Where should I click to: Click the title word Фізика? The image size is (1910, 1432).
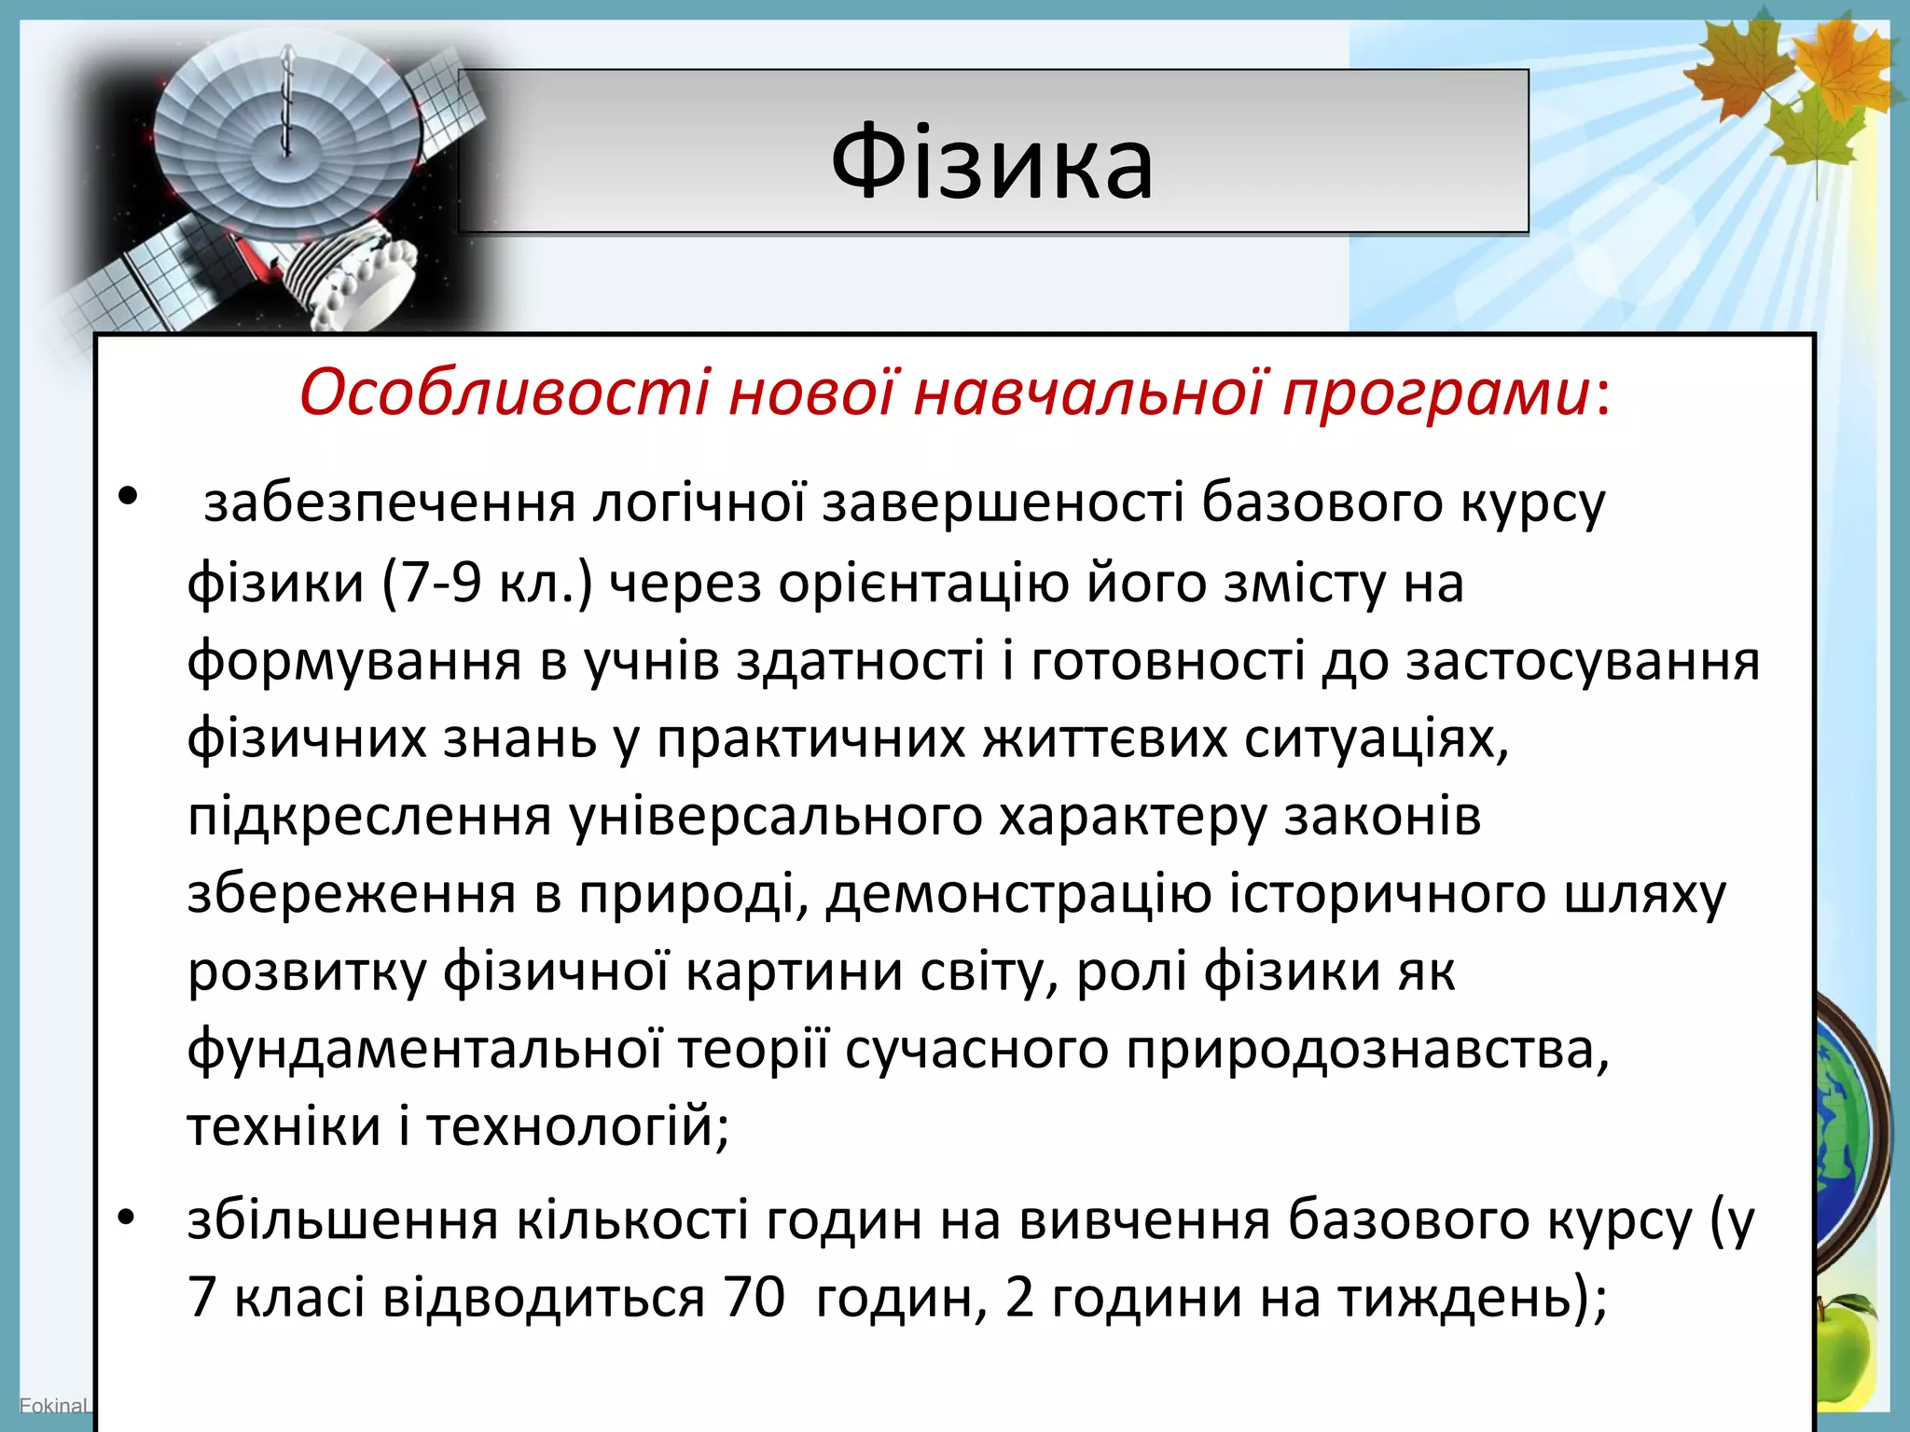pyautogui.click(x=992, y=162)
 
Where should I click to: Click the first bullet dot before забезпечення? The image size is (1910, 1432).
pyautogui.click(x=128, y=495)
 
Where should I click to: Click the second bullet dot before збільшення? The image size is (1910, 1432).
pyautogui.click(x=128, y=1217)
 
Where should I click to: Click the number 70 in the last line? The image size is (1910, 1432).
pyautogui.click(x=754, y=1297)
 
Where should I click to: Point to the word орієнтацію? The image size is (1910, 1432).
pyautogui.click(x=923, y=585)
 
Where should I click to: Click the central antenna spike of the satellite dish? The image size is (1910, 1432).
pyautogui.click(x=286, y=103)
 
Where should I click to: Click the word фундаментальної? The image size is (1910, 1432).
pyautogui.click(x=424, y=1050)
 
